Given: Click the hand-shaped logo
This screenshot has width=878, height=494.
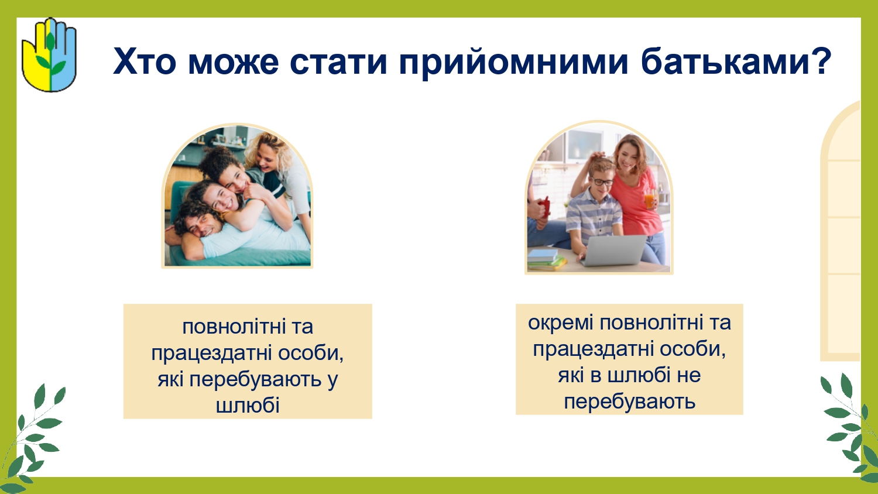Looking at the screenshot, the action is (x=49, y=55).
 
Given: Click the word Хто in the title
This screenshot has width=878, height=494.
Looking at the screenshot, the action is (x=145, y=61).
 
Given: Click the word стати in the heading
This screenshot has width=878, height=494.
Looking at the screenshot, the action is (x=339, y=62).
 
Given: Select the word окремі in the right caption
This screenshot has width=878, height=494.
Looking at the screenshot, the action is (x=561, y=323).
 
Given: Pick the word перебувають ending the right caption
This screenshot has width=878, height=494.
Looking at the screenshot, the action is (x=629, y=402).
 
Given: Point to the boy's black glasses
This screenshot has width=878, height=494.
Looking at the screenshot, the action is (x=602, y=182).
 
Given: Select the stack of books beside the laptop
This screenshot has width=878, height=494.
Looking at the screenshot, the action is (x=546, y=259).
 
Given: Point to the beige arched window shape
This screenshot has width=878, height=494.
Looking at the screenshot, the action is (x=841, y=231).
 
